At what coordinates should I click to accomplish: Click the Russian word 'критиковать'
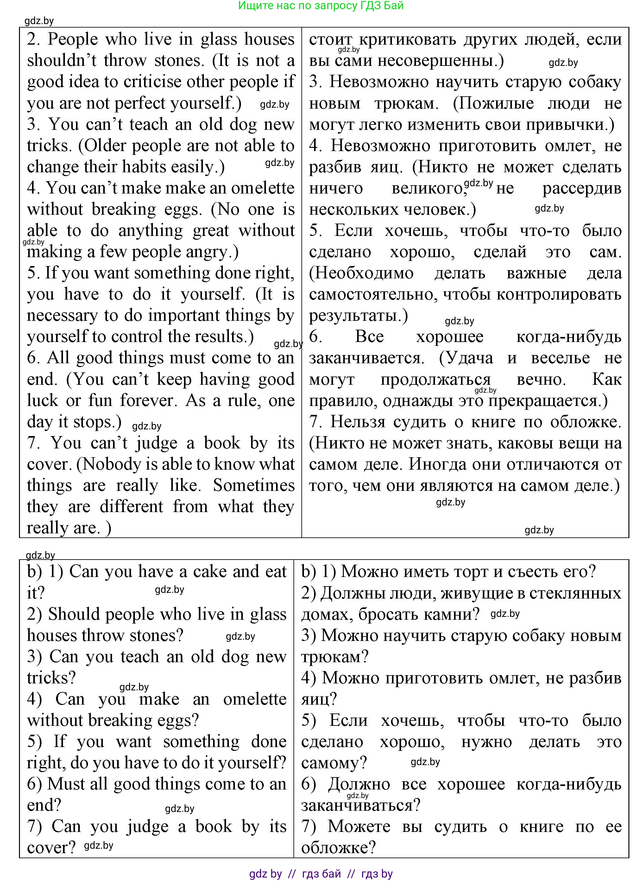407,40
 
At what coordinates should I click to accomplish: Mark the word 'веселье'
560,358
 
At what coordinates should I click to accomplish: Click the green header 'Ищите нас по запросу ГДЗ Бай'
321,6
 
